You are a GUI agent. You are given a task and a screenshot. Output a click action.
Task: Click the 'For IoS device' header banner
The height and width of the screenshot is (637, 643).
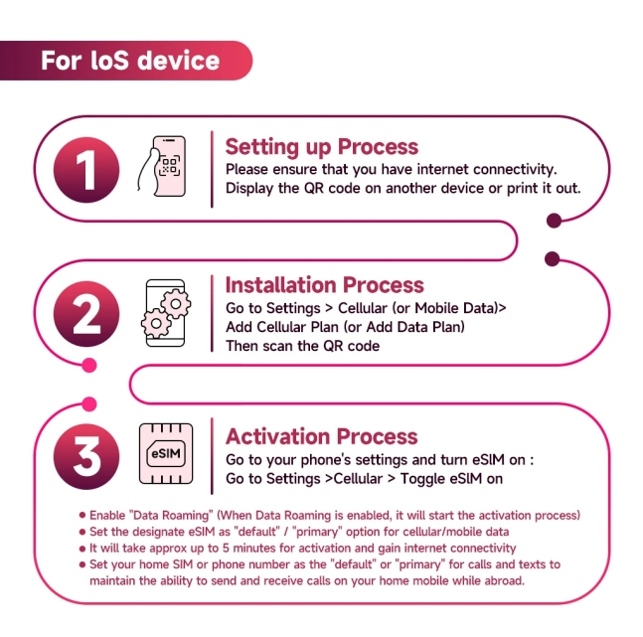click(129, 61)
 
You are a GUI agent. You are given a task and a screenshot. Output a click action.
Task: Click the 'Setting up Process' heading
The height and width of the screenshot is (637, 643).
click(321, 147)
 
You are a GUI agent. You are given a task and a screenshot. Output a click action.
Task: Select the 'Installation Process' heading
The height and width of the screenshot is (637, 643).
click(324, 285)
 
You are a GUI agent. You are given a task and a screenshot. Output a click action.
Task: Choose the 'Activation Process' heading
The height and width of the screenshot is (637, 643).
click(321, 436)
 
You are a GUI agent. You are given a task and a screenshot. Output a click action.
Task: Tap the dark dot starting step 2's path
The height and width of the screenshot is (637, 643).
click(554, 260)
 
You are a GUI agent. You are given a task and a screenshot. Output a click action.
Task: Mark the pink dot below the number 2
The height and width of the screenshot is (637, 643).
click(88, 366)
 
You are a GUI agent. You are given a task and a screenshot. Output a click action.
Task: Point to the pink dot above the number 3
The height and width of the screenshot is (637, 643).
click(88, 404)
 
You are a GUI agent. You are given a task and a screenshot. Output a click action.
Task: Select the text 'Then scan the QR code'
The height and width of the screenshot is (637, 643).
click(303, 346)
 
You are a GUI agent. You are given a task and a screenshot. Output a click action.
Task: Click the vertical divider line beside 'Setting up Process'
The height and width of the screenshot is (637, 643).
click(211, 168)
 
